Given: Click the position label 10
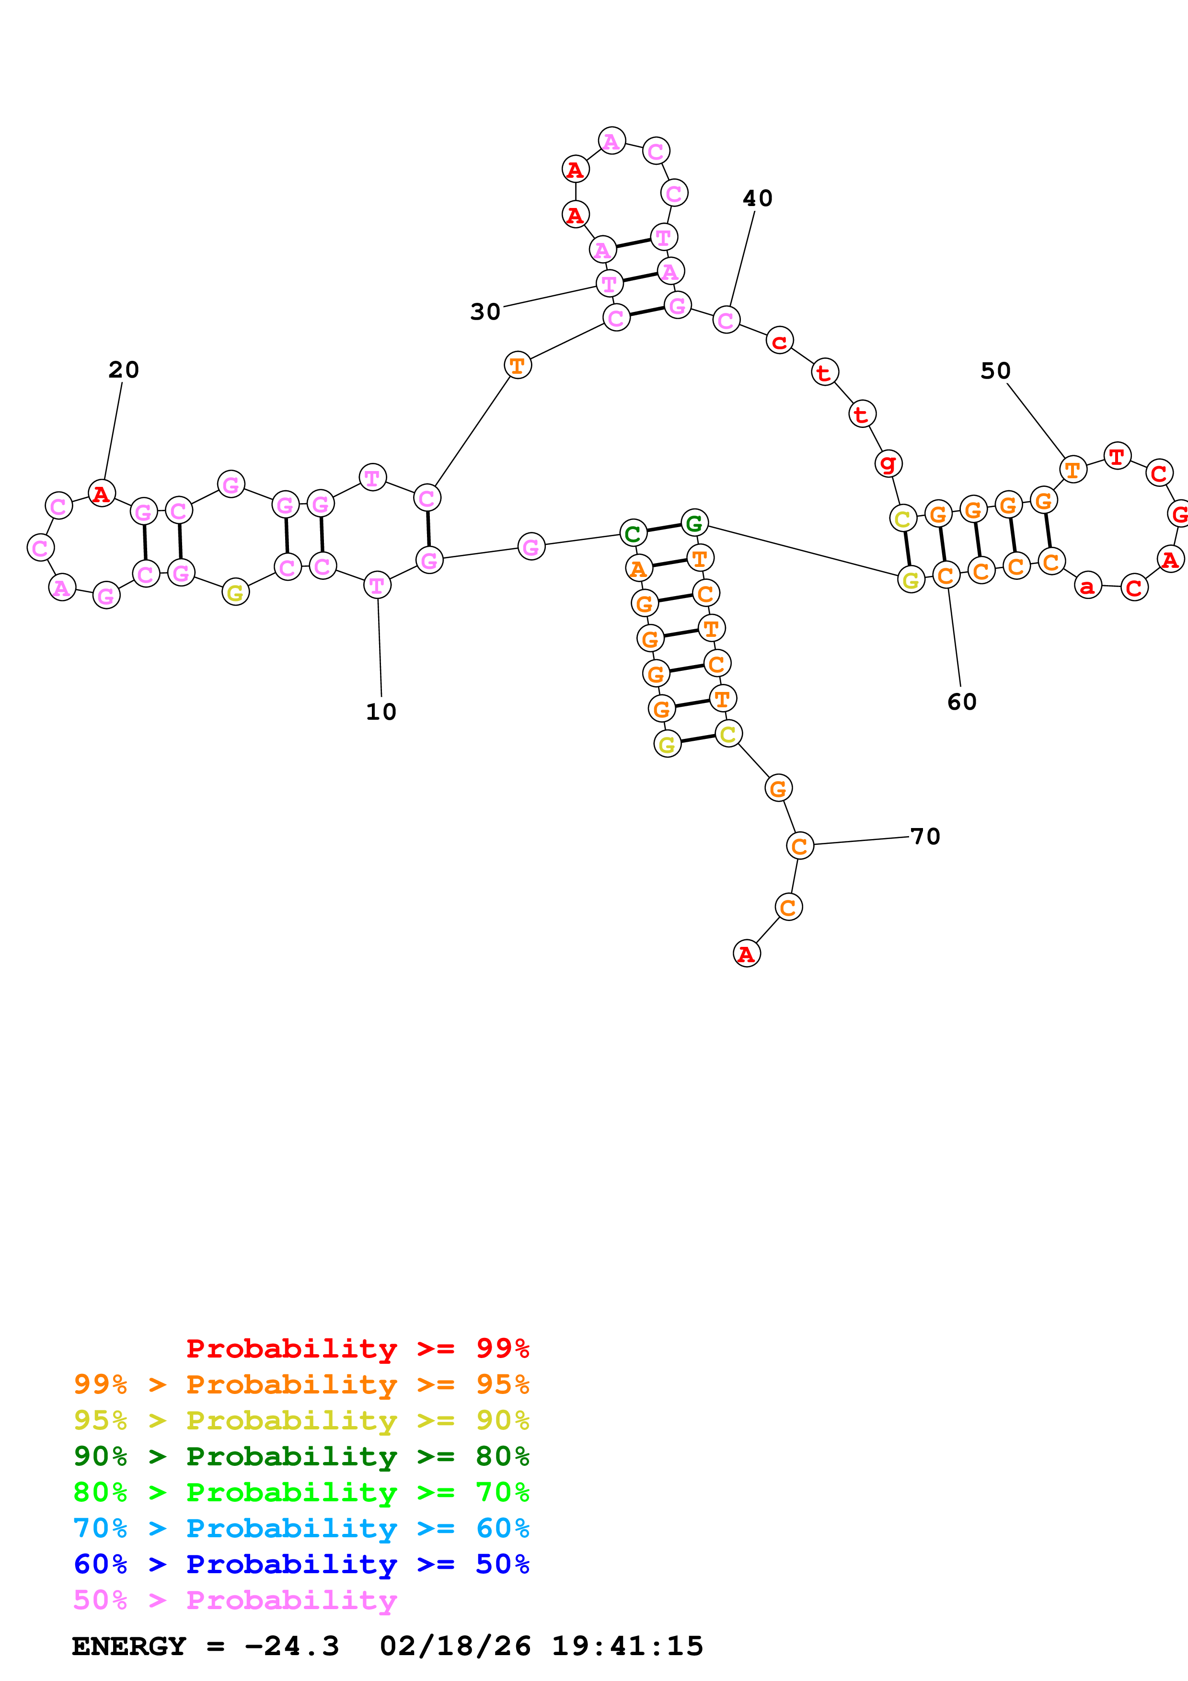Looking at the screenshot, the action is [381, 712].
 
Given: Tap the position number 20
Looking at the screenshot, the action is [124, 370].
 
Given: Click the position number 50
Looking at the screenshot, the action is [995, 371].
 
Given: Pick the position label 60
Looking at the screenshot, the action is [961, 702].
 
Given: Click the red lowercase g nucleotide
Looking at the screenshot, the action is [888, 463].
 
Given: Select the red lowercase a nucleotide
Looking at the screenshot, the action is [1088, 585].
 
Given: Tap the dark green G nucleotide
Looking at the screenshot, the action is [694, 523].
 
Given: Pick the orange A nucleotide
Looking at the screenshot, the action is [638, 568].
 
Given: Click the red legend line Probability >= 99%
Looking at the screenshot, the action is [357, 1348].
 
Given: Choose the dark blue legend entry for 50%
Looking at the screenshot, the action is [301, 1564].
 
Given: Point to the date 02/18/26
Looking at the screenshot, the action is [455, 1646].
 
